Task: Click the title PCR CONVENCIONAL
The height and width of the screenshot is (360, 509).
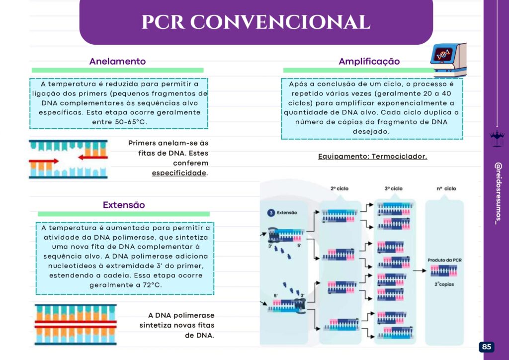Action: pos(255,22)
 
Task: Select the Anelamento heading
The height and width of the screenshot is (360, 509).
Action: pos(117,62)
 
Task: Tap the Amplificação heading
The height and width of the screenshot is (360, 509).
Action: pos(369,62)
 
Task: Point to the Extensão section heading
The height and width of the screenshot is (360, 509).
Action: pos(124,205)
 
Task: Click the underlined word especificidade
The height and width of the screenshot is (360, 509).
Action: pos(179,173)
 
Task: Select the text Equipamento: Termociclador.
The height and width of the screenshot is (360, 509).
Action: pos(372,156)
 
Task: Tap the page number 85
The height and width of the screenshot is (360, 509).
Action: pos(487,347)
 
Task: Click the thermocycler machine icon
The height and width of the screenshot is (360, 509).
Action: pos(448,59)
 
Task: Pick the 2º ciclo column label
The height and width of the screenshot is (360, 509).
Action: pos(340,189)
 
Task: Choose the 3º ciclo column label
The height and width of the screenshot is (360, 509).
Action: pos(394,189)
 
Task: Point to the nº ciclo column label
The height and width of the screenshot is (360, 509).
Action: pos(446,189)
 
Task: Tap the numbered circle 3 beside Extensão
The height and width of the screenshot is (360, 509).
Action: pos(271,213)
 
